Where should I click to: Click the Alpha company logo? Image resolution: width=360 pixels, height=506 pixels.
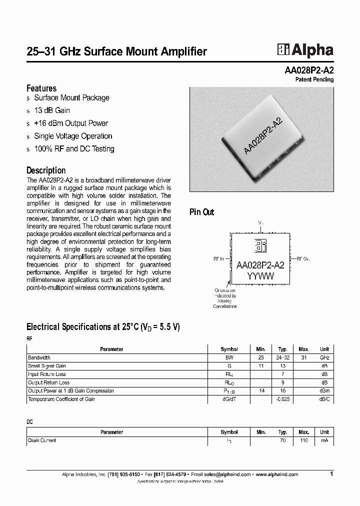click(x=305, y=50)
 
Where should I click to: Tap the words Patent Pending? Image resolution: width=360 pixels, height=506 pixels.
click(x=314, y=79)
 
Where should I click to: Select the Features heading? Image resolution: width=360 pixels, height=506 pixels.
click(x=41, y=88)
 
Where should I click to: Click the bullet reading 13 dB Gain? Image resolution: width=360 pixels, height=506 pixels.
click(x=51, y=110)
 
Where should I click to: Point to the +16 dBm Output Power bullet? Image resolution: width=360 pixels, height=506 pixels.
click(x=70, y=123)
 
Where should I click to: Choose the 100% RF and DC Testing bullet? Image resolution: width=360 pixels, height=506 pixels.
click(x=74, y=149)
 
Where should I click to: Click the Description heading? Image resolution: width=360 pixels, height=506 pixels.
click(x=46, y=170)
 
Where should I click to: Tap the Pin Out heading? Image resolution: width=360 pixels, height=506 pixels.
click(x=201, y=212)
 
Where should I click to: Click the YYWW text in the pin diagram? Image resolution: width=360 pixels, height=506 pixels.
click(x=259, y=276)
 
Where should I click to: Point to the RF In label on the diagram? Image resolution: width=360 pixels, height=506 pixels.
click(x=219, y=259)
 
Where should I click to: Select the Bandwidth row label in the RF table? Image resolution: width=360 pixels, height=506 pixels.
click(x=39, y=358)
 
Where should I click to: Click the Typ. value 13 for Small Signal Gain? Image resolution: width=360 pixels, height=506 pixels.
click(x=282, y=366)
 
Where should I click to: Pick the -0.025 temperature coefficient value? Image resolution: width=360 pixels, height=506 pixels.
click(x=282, y=399)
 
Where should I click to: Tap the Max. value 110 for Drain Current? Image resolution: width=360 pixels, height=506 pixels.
click(x=304, y=440)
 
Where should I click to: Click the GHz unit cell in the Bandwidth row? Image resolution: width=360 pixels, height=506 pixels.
click(x=324, y=358)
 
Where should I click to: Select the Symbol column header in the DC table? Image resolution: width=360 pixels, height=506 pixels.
click(x=229, y=432)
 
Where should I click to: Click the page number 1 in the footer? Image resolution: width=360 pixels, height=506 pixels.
click(x=331, y=473)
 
